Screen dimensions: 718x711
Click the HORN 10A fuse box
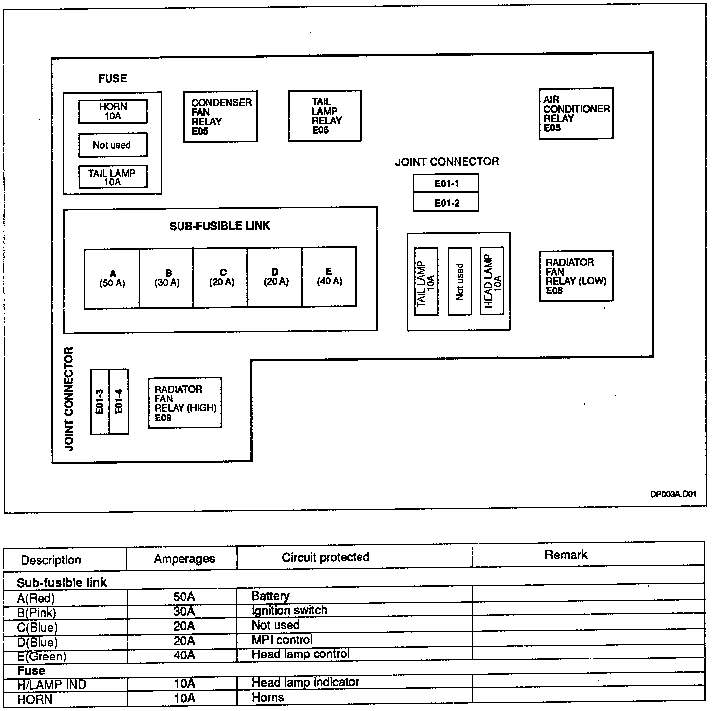(113, 111)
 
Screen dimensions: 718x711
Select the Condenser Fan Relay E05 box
(220, 116)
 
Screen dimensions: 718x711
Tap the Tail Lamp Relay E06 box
(325, 116)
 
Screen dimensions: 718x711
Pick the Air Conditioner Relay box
(576, 113)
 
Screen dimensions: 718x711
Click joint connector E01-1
(446, 183)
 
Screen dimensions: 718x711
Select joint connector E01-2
(446, 202)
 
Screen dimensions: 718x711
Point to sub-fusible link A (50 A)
(112, 279)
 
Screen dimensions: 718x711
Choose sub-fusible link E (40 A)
(329, 277)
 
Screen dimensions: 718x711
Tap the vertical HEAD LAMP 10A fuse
(492, 281)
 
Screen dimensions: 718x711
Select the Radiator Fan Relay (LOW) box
(576, 276)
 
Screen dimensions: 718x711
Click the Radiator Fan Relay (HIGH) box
(184, 403)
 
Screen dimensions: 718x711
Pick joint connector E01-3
(100, 401)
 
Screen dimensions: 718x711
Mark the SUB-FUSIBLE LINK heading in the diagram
(220, 226)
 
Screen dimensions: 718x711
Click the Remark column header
(566, 555)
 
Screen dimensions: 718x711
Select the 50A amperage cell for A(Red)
(183, 597)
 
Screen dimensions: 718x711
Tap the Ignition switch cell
(289, 611)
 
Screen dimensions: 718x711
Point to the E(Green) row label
(42, 656)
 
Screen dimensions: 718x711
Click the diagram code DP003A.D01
(673, 494)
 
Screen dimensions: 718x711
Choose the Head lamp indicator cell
(305, 682)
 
